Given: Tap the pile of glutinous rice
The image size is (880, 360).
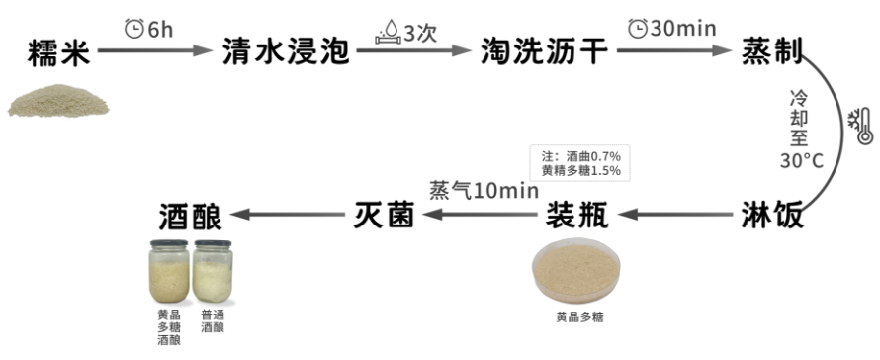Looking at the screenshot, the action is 59,101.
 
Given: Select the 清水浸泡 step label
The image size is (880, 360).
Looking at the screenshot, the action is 286,51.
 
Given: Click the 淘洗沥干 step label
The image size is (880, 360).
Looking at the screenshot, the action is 545,51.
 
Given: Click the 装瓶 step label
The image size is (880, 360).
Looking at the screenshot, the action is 577,215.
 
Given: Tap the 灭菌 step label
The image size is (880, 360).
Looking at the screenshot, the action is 384,215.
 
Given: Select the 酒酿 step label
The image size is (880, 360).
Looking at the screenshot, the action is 190,215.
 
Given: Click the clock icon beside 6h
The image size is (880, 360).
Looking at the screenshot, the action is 134,30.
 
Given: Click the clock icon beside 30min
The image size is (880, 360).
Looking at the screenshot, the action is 638,28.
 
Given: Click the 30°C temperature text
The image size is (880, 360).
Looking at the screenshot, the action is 801,161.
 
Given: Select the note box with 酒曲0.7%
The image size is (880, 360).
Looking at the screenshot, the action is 579,163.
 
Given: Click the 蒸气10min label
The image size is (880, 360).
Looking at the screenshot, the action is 484,191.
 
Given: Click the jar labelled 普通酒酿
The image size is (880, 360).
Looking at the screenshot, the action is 213,271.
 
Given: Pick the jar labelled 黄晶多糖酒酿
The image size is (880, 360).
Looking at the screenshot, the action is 169,271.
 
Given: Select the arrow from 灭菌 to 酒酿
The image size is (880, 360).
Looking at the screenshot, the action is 288,215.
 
